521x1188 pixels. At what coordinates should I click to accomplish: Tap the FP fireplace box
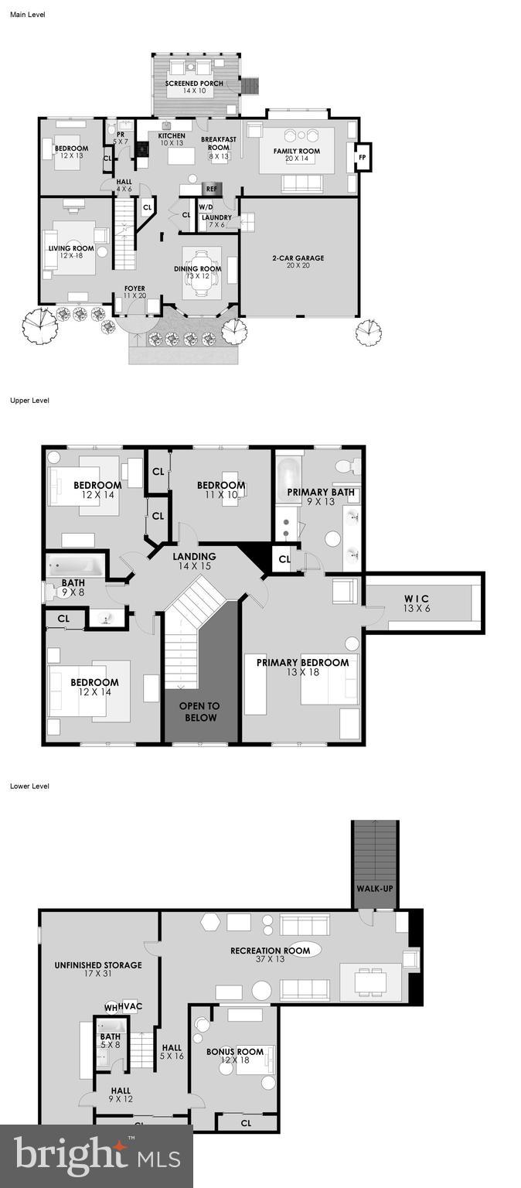361,157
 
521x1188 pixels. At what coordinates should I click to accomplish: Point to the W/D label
206,207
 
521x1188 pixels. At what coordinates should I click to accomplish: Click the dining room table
202,272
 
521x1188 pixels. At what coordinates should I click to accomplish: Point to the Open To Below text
199,712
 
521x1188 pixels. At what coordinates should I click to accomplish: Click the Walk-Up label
374,888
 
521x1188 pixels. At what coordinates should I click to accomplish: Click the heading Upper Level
29,401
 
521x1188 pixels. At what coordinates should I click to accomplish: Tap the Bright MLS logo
97,1156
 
